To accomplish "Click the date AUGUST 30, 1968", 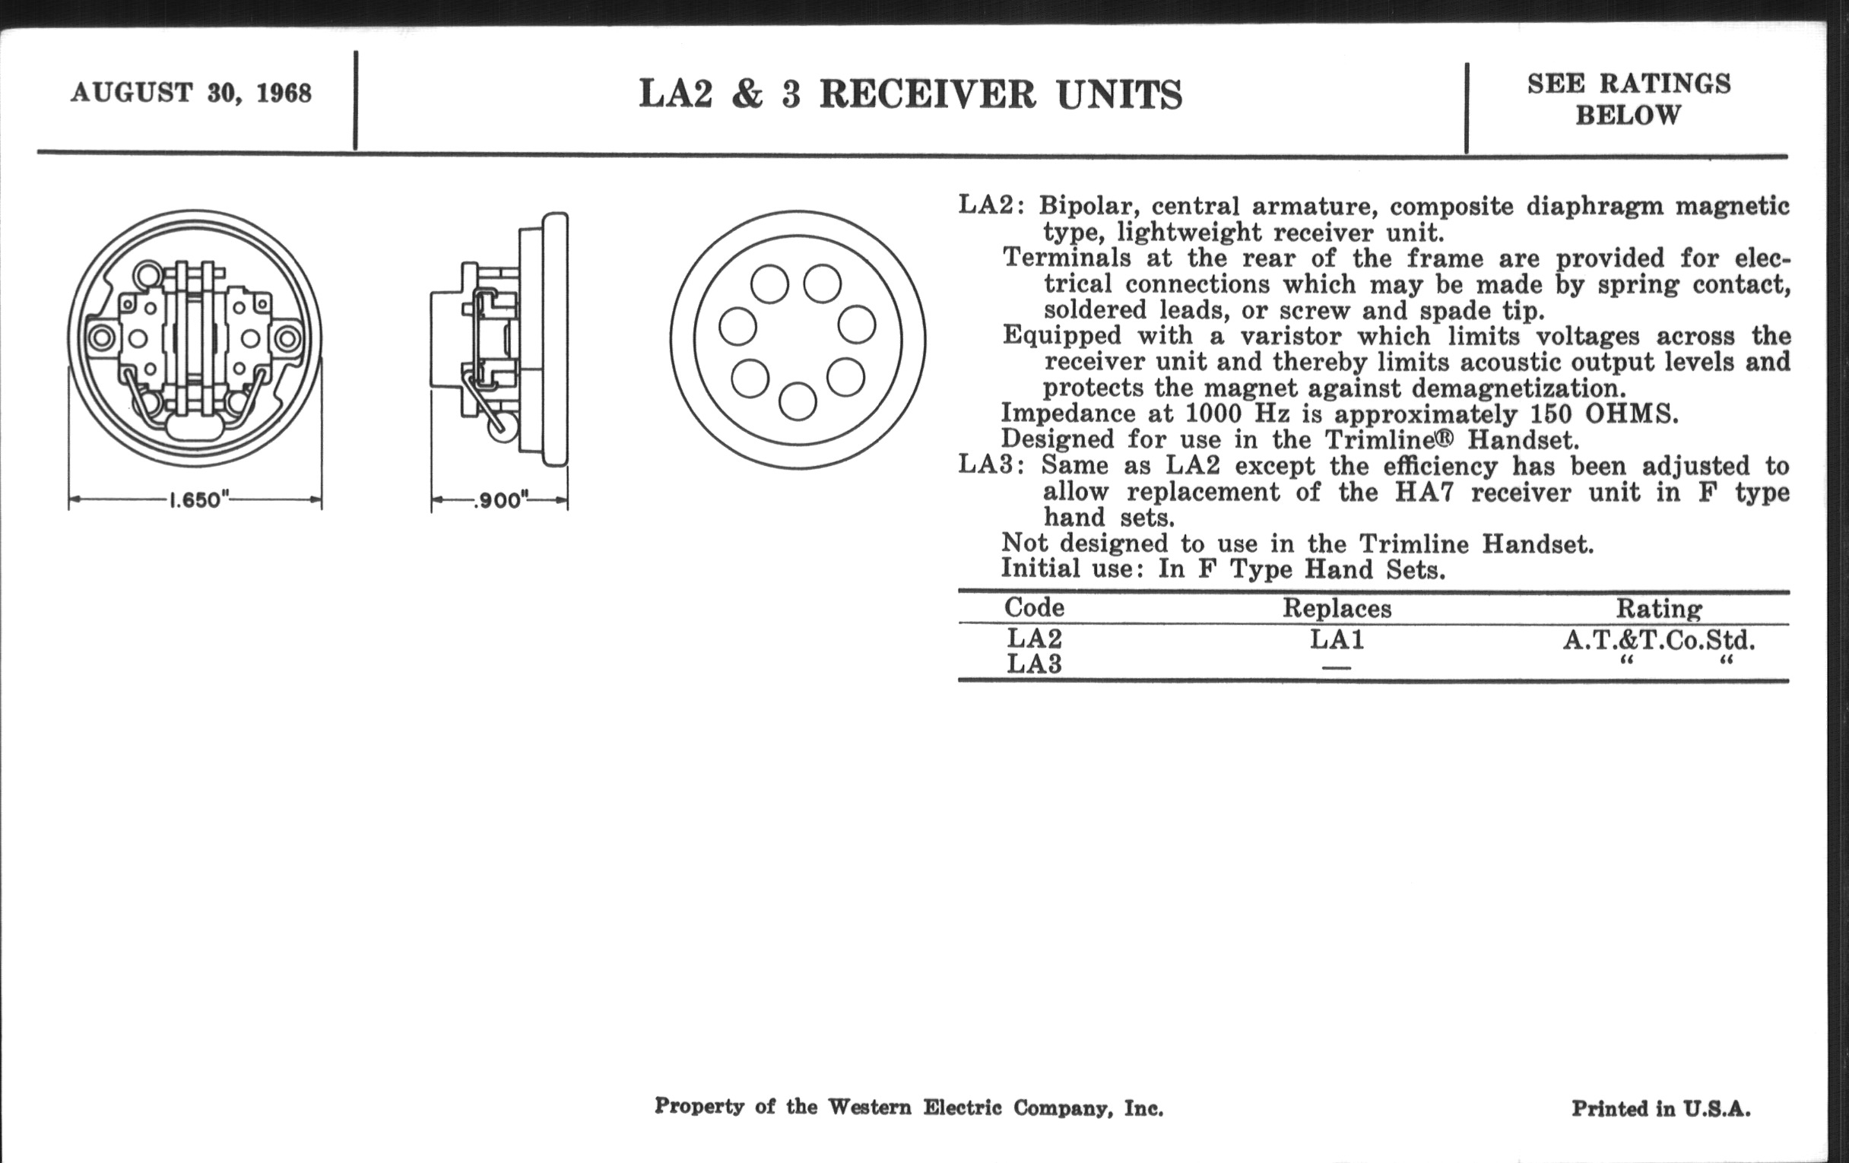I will [x=191, y=93].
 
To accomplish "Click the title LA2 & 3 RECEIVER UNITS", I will [x=911, y=95].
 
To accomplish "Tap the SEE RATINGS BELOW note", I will [x=1629, y=99].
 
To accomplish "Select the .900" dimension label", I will [x=500, y=501].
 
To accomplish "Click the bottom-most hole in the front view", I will [x=797, y=401].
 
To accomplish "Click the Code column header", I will [x=1033, y=608].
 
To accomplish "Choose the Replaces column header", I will [x=1337, y=609].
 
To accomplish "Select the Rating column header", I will [x=1659, y=609].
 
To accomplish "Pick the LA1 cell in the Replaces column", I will [x=1337, y=639].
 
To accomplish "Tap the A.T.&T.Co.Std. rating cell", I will [x=1659, y=639].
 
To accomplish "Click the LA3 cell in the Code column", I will [x=1033, y=664].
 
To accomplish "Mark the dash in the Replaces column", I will [x=1337, y=667].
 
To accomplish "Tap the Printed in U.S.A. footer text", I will [x=1661, y=1108].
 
